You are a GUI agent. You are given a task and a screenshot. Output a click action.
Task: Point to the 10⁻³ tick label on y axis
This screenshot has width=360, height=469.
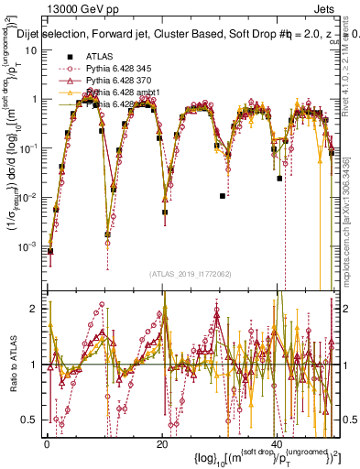[x=29, y=245]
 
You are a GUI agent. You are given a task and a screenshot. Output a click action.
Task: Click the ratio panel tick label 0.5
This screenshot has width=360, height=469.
[x=30, y=420]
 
